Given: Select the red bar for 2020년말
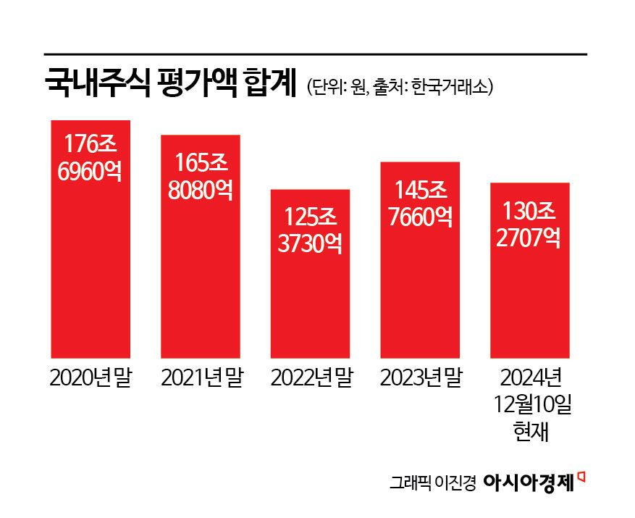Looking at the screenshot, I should tap(90, 275).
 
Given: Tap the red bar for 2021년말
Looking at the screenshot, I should tap(200, 283).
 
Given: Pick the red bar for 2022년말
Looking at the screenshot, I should tap(310, 304).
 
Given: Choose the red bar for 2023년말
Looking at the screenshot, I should tap(420, 290).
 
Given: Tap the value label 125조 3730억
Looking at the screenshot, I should tap(310, 229).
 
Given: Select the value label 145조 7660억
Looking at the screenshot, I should tap(420, 202).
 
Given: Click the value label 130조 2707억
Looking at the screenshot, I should tap(530, 225).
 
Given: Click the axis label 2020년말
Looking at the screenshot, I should tap(90, 378).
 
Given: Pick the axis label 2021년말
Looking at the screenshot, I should tap(201, 378).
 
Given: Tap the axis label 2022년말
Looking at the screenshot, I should tap(311, 378).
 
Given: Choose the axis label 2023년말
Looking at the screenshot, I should tap(421, 378).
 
